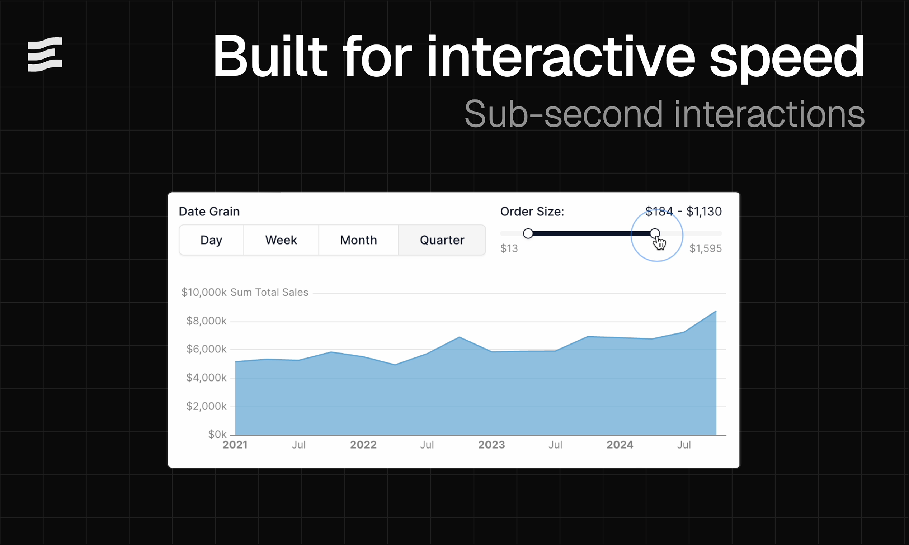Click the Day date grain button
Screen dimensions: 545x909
[211, 240]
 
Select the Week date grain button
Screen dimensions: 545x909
[281, 240]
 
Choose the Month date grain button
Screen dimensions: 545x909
[358, 240]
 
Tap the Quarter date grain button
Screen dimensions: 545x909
[442, 240]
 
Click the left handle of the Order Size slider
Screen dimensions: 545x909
[528, 233]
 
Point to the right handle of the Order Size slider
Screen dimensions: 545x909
[654, 233]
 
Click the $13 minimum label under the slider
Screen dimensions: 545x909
[509, 248]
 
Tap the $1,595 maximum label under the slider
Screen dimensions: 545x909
[705, 248]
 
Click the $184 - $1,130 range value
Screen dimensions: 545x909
[683, 212]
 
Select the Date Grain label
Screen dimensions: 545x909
[209, 212]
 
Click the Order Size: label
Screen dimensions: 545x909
[532, 212]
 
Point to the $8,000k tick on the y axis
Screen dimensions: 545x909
[206, 321]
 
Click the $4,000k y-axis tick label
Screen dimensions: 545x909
[206, 378]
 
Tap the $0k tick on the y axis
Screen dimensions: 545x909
[217, 435]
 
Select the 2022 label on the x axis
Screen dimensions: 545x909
[363, 445]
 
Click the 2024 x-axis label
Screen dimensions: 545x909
[620, 445]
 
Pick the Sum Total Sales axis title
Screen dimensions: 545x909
[269, 292]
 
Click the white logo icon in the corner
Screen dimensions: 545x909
[45, 54]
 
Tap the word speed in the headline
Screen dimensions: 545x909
[786, 57]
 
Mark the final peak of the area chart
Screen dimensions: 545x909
[715, 312]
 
